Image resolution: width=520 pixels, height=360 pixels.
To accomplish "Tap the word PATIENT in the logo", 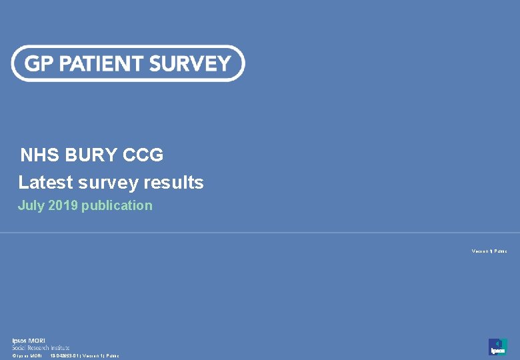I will click(x=99, y=64).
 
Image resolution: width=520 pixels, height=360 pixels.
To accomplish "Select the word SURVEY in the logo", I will click(x=190, y=64).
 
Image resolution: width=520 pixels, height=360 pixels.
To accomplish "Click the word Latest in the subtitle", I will click(x=45, y=183).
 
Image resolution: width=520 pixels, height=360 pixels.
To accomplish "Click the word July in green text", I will click(x=31, y=205).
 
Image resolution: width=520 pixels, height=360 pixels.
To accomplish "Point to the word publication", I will click(x=117, y=205).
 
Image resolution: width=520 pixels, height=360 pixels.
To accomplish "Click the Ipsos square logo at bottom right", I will click(x=497, y=347).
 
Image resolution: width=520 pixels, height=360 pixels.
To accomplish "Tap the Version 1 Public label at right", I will click(x=489, y=251).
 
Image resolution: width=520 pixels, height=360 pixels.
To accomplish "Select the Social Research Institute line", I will click(x=40, y=347).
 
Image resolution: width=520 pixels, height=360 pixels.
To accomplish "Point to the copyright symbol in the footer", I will click(x=14, y=356).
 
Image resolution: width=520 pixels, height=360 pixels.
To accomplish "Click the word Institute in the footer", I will click(x=59, y=347).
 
